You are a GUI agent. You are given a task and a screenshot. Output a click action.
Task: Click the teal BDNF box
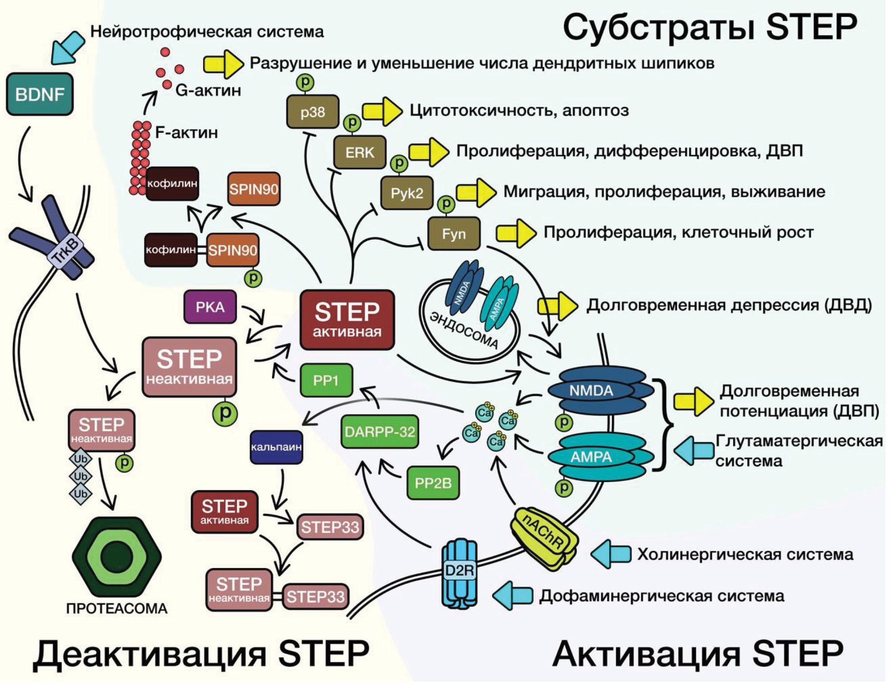(39, 94)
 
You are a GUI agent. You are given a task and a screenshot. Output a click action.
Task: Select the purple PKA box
(210, 307)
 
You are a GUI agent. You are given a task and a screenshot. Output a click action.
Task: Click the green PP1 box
(326, 380)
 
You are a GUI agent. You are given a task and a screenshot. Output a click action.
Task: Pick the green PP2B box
(433, 483)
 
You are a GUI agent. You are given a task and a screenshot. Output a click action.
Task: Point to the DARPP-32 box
(379, 432)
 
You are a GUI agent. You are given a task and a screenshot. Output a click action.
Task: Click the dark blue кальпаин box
(276, 447)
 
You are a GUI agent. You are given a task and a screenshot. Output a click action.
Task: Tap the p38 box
(312, 112)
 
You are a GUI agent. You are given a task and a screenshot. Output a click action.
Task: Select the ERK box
(359, 152)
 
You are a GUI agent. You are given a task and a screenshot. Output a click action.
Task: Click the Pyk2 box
(407, 193)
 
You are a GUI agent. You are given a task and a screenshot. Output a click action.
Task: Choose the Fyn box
(453, 233)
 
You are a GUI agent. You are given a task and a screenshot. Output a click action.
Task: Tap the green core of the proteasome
(117, 557)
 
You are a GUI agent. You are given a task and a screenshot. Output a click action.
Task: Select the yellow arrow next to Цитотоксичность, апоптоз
(382, 111)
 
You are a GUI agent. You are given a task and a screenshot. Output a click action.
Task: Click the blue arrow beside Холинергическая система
(611, 554)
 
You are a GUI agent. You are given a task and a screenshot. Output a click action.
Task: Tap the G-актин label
(208, 90)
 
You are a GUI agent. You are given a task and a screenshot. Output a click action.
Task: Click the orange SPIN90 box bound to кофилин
(232, 250)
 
